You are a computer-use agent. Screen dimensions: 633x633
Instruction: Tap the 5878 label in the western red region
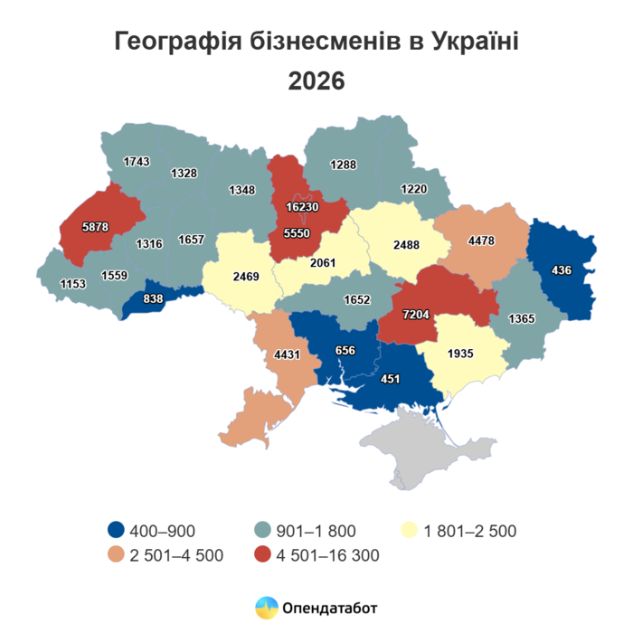[x=95, y=227]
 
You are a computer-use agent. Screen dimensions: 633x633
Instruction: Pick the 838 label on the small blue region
[x=155, y=298]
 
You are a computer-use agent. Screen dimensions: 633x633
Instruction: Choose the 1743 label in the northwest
[x=136, y=161]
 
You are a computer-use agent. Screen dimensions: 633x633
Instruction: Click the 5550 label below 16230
[x=298, y=231]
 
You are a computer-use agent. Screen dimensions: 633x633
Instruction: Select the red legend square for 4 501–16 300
[x=264, y=554]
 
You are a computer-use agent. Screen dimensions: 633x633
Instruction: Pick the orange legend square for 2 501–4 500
[x=116, y=554]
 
